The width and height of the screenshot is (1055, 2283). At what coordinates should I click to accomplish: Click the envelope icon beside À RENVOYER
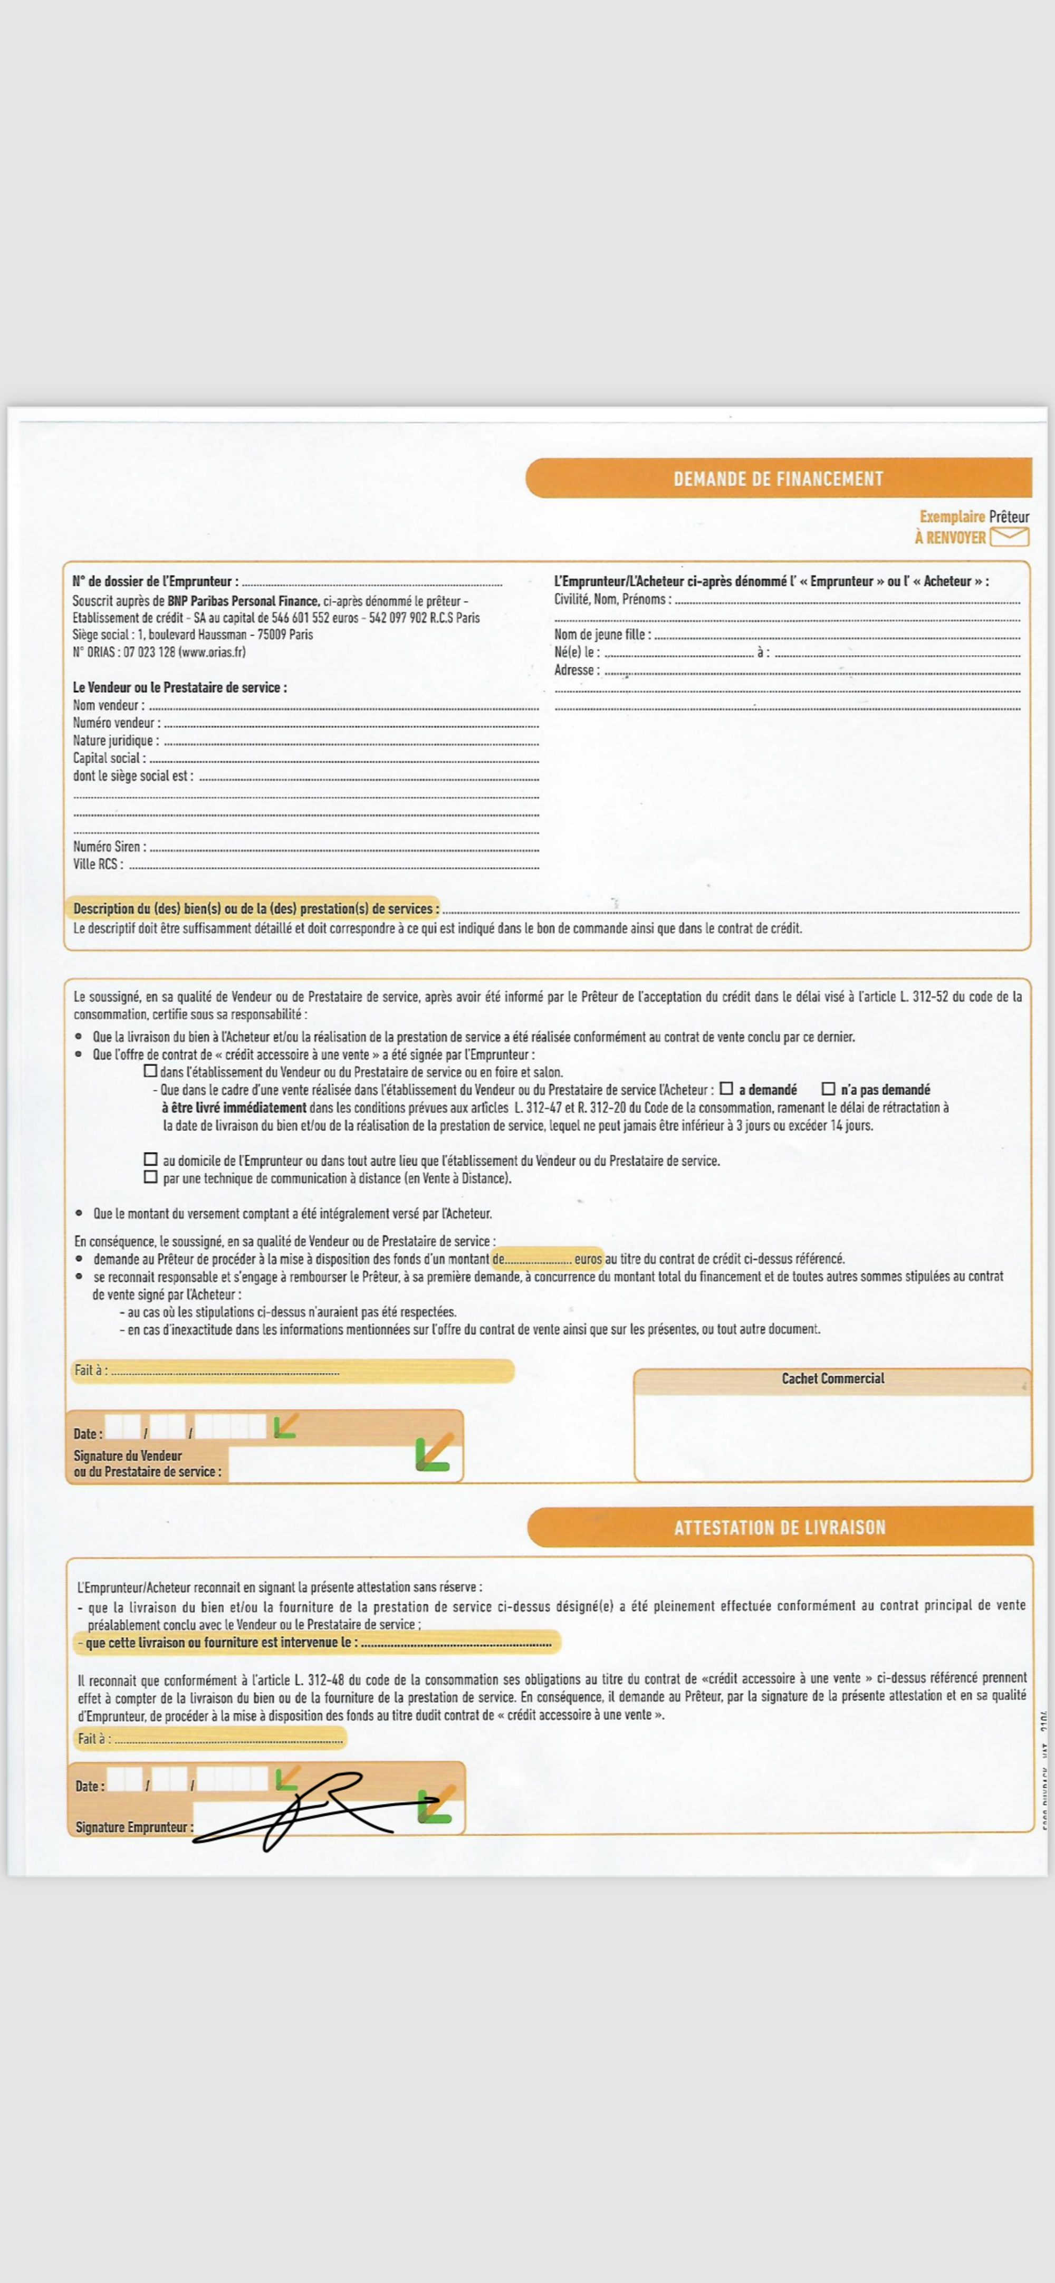(x=1009, y=536)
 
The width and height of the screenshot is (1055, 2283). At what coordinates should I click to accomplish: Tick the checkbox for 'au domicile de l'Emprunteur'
(x=151, y=1159)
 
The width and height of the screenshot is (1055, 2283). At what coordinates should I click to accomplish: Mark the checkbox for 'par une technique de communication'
(x=151, y=1177)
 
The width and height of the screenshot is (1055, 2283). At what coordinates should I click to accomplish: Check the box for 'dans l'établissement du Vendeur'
(x=151, y=1071)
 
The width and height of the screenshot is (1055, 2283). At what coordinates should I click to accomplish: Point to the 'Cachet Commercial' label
(x=832, y=1378)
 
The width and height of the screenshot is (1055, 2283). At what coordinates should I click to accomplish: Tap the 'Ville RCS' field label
(x=98, y=864)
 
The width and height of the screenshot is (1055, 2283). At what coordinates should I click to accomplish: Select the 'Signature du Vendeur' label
(x=128, y=1455)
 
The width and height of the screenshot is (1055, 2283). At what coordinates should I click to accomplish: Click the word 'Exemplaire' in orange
(x=951, y=517)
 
